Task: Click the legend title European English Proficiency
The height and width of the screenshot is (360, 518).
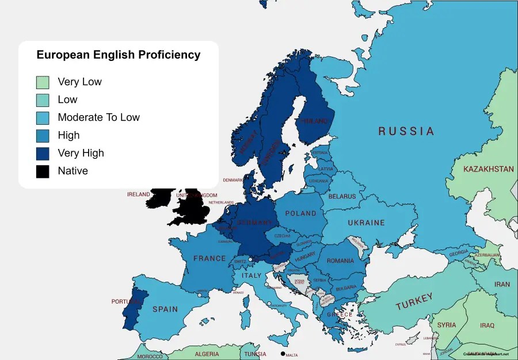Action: [x=119, y=55]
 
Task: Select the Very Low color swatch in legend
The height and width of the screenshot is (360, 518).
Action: [x=43, y=82]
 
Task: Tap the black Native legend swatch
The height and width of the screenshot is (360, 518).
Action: [x=43, y=171]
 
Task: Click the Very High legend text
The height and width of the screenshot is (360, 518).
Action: [x=81, y=153]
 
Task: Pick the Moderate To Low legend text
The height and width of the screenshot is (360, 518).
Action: [x=98, y=117]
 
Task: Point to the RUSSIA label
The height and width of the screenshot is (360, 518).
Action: [x=406, y=131]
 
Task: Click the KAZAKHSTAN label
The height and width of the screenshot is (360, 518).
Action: [x=488, y=169]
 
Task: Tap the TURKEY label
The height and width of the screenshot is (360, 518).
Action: [x=413, y=301]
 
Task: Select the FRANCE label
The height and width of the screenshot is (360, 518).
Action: [x=210, y=259]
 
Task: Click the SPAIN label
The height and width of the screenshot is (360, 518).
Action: [x=165, y=309]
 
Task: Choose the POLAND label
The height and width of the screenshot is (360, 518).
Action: [x=300, y=213]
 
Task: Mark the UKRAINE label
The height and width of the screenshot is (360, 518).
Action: [x=366, y=223]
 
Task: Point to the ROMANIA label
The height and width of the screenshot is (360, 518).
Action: [x=340, y=261]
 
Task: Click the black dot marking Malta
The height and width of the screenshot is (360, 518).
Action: [x=283, y=353]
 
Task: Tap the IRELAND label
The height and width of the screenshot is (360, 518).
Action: [x=138, y=194]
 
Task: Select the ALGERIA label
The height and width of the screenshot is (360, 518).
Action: [x=207, y=354]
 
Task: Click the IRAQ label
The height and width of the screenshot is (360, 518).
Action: [x=487, y=325]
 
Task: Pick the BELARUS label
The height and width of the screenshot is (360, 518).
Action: [x=342, y=196]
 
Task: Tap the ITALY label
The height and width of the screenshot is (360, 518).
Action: [x=252, y=276]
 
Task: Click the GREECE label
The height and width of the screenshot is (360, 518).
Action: [x=340, y=315]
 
